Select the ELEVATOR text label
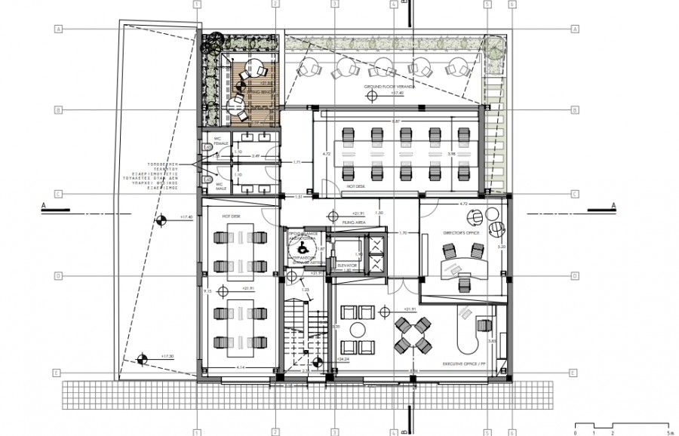[x=348, y=265]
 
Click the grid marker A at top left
[x=57, y=29]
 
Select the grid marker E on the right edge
[x=575, y=373]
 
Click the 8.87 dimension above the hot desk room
[x=395, y=121]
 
